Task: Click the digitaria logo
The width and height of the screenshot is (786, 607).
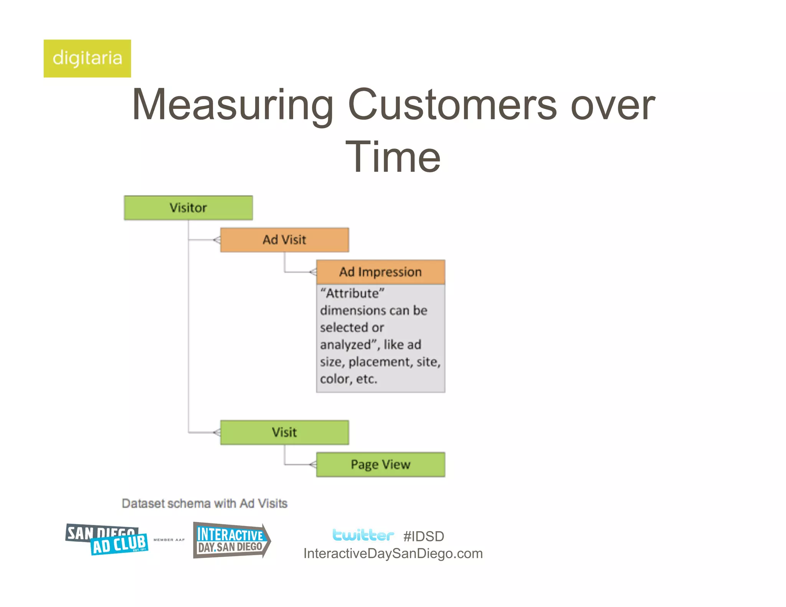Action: tap(87, 58)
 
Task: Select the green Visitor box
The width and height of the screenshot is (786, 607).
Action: tap(188, 208)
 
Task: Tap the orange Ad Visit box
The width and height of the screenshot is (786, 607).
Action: tap(284, 240)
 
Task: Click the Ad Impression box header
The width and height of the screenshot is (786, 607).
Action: tap(380, 272)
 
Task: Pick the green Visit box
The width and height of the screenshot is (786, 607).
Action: tap(284, 432)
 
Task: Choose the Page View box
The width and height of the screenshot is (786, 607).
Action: tap(380, 465)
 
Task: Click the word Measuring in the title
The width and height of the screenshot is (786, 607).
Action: tap(233, 105)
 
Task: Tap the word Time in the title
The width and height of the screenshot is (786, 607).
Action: tap(393, 157)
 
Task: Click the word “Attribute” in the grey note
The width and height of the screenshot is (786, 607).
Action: tap(352, 294)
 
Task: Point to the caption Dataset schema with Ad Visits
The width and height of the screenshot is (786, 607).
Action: tap(205, 503)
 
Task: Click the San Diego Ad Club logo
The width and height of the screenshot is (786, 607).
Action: tap(107, 539)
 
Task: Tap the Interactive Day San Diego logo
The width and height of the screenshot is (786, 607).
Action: tap(231, 540)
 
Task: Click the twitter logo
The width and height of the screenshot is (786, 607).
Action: tap(363, 535)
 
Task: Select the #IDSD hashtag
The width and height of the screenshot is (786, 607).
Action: tap(424, 536)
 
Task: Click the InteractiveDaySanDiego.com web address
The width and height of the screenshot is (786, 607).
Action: tap(393, 554)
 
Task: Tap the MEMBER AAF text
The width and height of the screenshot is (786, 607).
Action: tap(169, 540)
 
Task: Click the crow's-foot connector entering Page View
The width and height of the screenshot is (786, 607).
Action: tap(313, 465)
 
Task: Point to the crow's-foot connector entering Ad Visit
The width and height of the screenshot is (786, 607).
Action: tap(217, 240)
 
